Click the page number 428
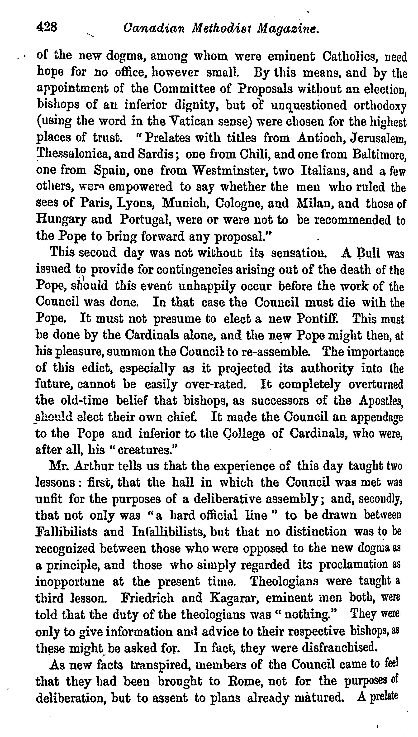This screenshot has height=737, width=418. pyautogui.click(x=47, y=28)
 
